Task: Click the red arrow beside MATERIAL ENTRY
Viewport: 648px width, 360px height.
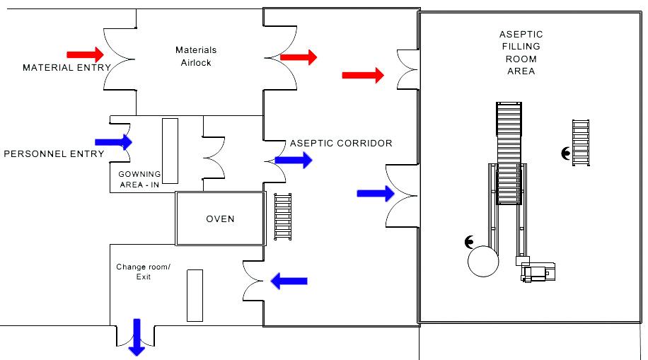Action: click(84, 54)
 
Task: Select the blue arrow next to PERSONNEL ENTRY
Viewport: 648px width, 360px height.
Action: click(113, 142)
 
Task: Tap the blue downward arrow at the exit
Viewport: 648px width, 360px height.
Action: click(136, 337)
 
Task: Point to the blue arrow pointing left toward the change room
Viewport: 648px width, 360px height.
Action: click(290, 281)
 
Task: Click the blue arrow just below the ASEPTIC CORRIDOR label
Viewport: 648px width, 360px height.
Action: click(293, 161)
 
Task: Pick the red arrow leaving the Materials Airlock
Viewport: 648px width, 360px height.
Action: click(299, 57)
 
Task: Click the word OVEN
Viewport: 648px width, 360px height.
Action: click(220, 219)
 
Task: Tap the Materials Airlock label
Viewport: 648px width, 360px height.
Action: click(196, 57)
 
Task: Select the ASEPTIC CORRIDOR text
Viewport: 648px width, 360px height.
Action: click(341, 144)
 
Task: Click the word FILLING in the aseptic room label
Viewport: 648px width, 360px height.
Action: click(521, 47)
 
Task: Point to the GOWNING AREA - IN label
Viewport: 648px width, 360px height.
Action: click(139, 179)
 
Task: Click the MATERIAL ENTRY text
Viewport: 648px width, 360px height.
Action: click(67, 68)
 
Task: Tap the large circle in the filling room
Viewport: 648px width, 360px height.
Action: click(483, 260)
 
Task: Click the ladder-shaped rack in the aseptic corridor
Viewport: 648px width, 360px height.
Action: click(283, 216)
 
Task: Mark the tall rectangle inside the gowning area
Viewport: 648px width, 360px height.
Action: click(170, 151)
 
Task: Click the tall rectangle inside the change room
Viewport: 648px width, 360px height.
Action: click(195, 295)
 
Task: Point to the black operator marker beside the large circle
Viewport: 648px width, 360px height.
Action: click(469, 242)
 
